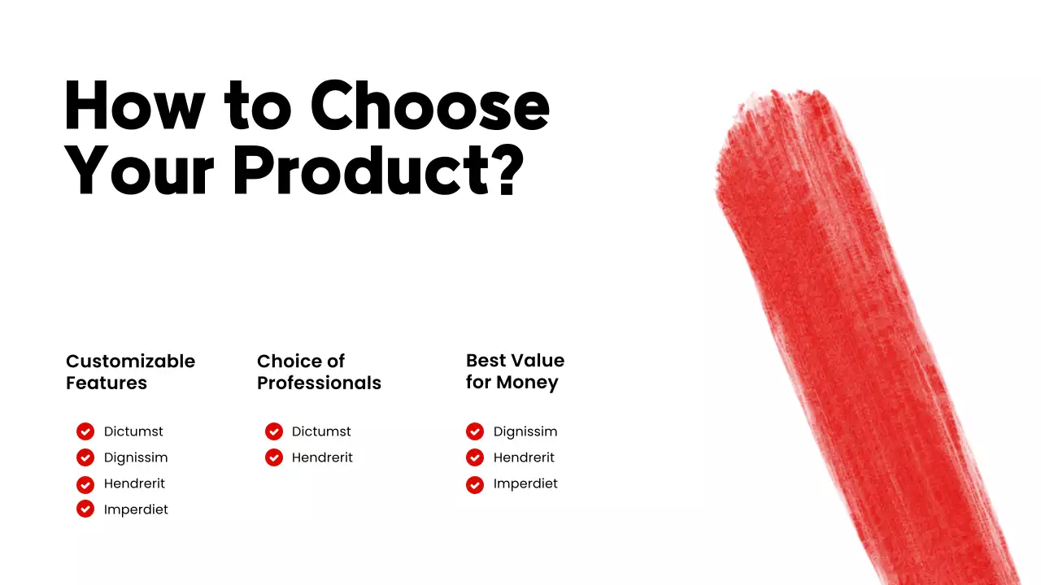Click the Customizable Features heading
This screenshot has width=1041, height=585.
click(130, 371)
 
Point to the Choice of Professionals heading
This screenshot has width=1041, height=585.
click(319, 371)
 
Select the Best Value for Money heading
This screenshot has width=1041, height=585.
click(515, 370)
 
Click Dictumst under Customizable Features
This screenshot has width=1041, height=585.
click(133, 431)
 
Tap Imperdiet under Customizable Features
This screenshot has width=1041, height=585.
click(136, 509)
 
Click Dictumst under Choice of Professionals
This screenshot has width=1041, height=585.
click(321, 431)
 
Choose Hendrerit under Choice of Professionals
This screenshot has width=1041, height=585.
click(322, 457)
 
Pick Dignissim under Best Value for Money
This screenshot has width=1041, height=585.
click(525, 431)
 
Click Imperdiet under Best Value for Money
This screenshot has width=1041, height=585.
click(525, 483)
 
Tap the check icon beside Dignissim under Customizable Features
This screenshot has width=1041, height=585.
click(85, 457)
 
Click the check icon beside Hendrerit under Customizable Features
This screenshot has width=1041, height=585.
click(85, 484)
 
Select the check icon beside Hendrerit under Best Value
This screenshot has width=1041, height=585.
click(475, 458)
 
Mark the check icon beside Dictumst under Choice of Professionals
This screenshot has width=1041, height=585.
click(274, 431)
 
